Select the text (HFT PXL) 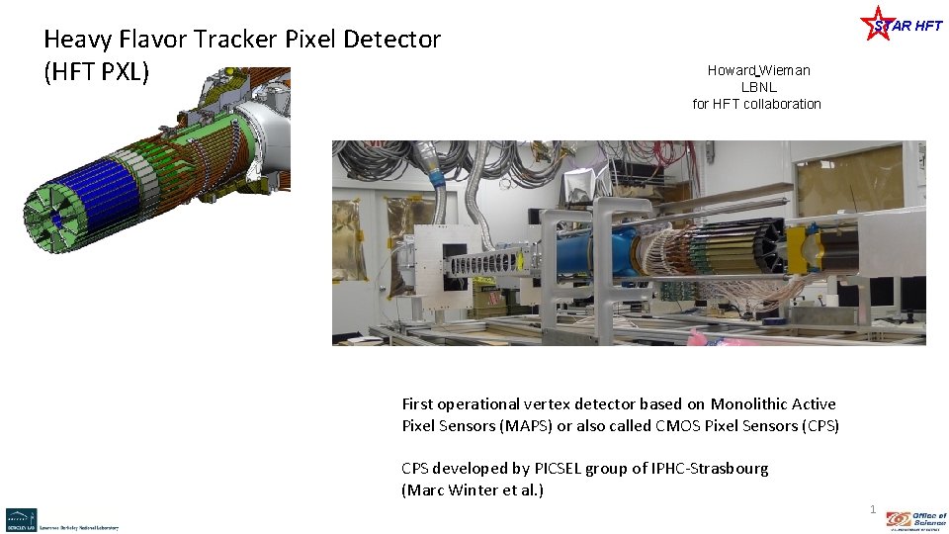96,73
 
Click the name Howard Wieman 758,70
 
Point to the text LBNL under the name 758,87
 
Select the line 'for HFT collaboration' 756,104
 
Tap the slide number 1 872,509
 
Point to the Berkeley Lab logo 21,519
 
